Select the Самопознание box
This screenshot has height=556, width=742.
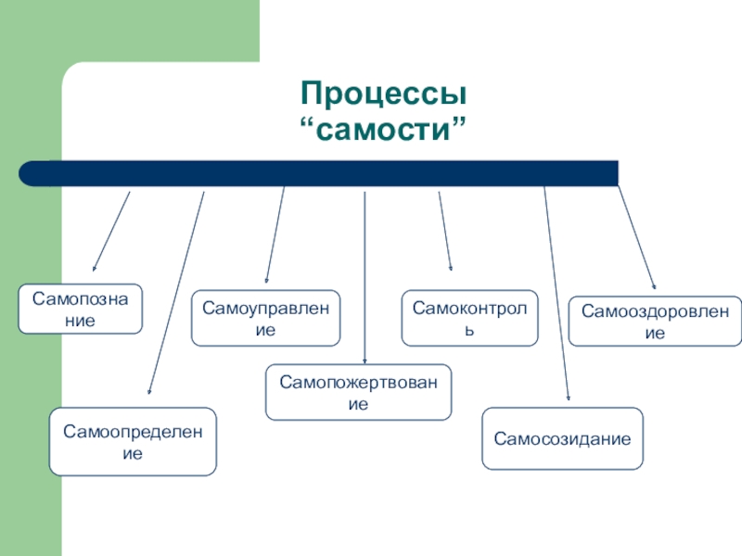[81, 309]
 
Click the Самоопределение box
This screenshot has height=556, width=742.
[133, 442]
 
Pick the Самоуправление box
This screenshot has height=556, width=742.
[265, 319]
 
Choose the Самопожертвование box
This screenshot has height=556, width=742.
[358, 392]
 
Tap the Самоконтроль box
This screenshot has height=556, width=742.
[469, 319]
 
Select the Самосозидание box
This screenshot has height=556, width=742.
[562, 438]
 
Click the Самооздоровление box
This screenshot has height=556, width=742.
[655, 322]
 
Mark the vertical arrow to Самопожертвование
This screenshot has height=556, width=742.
[365, 278]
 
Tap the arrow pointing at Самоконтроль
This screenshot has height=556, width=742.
[445, 232]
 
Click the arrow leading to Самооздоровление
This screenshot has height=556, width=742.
[637, 237]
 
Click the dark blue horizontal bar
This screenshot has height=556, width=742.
[325, 173]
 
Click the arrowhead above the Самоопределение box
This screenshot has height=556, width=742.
[150, 397]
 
